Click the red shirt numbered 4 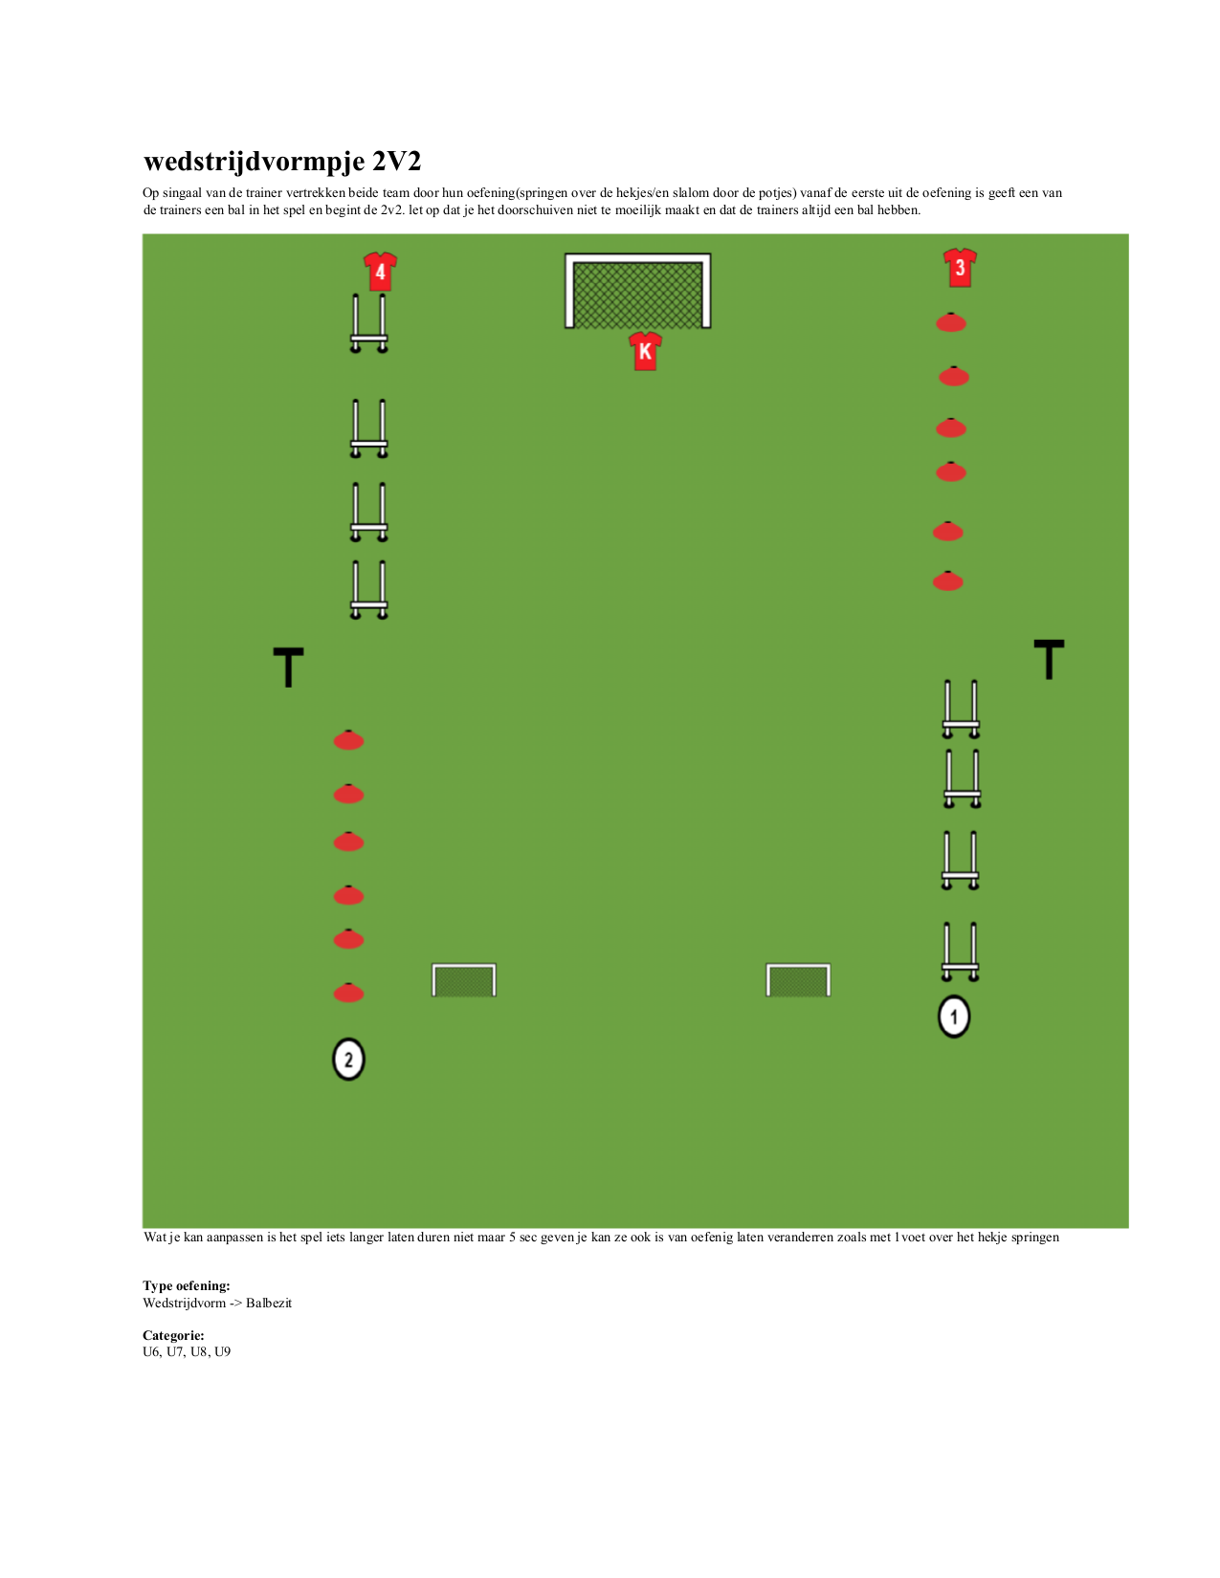[x=380, y=271]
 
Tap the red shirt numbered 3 [x=959, y=267]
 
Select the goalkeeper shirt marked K [x=645, y=352]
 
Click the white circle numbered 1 [x=953, y=1016]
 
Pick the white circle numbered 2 [x=348, y=1059]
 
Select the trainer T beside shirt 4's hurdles [x=288, y=667]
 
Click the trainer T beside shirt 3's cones [x=1049, y=659]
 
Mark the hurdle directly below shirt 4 [x=368, y=339]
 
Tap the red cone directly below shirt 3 [x=950, y=322]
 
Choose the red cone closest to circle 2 [x=348, y=993]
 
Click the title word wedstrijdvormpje [x=254, y=162]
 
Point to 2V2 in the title [x=397, y=161]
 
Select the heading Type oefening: [x=186, y=1285]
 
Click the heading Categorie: [x=173, y=1335]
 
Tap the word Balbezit [x=269, y=1303]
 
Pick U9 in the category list [x=222, y=1351]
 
